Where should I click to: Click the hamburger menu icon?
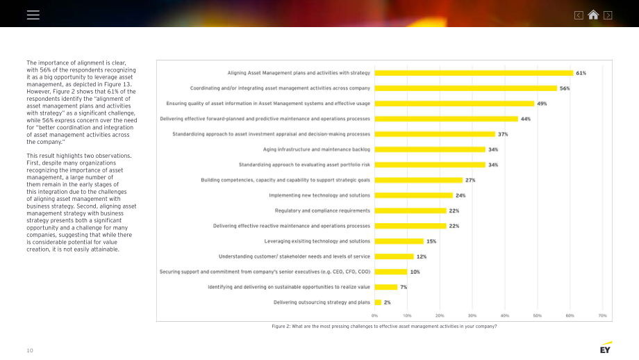(33, 15)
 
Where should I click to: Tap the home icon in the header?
(593, 15)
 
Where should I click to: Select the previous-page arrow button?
(579, 15)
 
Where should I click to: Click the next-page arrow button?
(608, 15)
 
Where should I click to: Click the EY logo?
(606, 347)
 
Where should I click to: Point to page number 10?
(30, 351)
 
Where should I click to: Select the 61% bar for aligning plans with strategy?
(474, 73)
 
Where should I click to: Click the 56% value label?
(565, 88)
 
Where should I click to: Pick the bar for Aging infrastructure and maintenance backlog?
(430, 149)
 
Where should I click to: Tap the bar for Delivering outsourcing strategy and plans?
(378, 302)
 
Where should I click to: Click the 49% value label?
(542, 104)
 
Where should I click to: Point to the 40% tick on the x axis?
(504, 316)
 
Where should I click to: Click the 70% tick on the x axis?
(602, 316)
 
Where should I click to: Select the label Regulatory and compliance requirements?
(322, 211)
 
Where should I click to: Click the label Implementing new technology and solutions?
(319, 195)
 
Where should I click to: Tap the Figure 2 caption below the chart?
(384, 327)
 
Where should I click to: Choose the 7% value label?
(404, 287)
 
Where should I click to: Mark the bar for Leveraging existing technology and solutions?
(399, 241)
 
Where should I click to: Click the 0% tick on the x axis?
(374, 316)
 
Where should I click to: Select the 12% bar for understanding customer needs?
(394, 256)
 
